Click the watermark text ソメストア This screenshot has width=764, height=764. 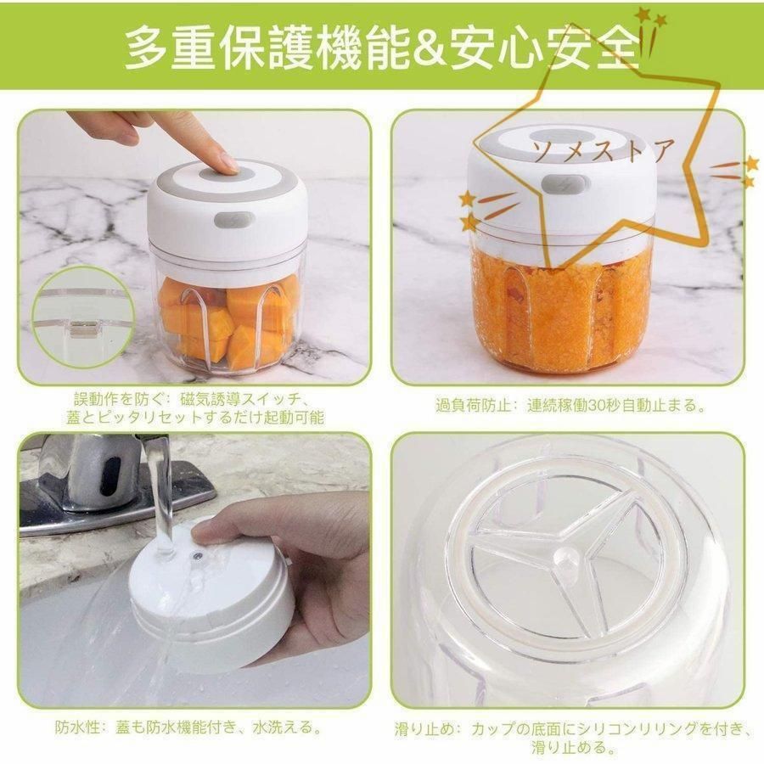coord(604,149)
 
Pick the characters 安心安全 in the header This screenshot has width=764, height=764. coord(545,48)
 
